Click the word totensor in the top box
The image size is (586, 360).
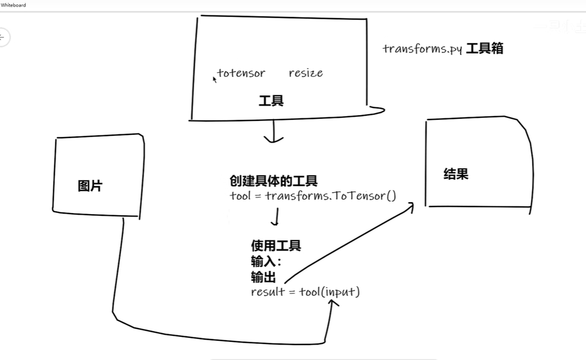(x=241, y=73)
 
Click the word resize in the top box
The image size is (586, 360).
(x=305, y=73)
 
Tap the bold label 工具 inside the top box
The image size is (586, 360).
(x=271, y=101)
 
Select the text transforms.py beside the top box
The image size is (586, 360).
(x=422, y=49)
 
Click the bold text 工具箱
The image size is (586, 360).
(x=484, y=48)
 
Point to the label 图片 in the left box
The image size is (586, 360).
(x=90, y=186)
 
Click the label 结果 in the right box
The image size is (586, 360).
(x=456, y=174)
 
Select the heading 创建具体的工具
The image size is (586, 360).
(x=273, y=181)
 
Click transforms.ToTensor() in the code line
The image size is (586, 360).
(x=330, y=196)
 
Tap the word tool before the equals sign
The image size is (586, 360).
(x=239, y=196)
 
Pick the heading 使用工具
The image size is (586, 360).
(x=276, y=246)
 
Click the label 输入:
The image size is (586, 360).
(x=266, y=261)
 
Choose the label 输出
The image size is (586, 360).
(x=263, y=277)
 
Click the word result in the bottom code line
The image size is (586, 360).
(x=266, y=292)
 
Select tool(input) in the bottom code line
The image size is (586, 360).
(x=329, y=292)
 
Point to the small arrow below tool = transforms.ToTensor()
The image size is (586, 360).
(x=275, y=217)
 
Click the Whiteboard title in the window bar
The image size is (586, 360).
(x=13, y=5)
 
